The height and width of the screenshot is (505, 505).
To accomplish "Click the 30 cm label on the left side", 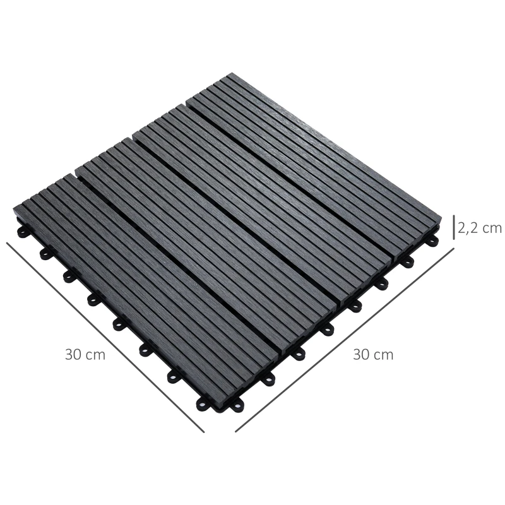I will point(85,354).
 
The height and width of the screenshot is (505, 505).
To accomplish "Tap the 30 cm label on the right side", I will point(373,354).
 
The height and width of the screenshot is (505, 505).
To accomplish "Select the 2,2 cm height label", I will point(479,228).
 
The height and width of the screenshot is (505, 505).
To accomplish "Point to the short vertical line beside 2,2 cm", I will point(453,228).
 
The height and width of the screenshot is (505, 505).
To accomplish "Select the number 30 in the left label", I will point(74,354).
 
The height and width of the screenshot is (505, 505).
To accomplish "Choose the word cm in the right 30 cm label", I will point(383,355).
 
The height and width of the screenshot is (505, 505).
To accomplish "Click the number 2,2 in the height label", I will point(468,228).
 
